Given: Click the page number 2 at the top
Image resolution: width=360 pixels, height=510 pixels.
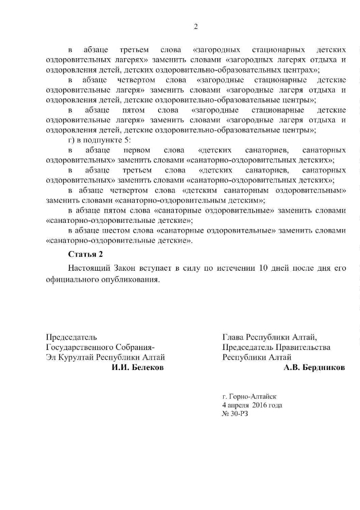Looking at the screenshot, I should pyautogui.click(x=195, y=27).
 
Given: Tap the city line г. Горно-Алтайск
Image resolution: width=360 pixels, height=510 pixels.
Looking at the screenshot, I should pyautogui.click(x=249, y=396).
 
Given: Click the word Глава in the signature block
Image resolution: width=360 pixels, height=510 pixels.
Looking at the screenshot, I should pyautogui.click(x=233, y=338).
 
